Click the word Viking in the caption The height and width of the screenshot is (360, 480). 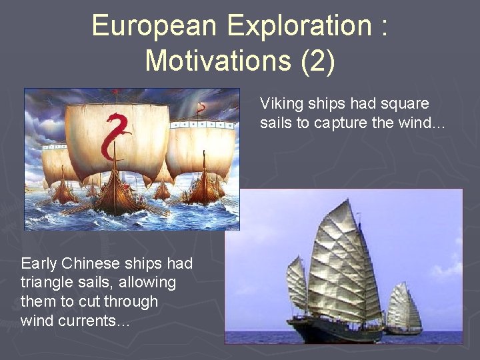[x=280, y=103]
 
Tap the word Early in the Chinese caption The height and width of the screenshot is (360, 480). [x=39, y=263]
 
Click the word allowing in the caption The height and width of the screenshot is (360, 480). [x=147, y=282]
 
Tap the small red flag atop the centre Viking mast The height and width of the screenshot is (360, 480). [x=117, y=91]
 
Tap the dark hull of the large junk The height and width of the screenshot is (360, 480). [x=333, y=331]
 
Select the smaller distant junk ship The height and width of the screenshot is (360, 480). [x=403, y=310]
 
